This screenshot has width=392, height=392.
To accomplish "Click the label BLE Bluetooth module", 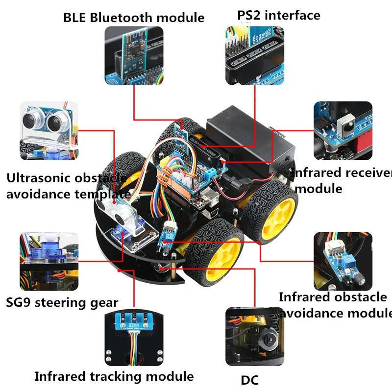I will (x=134, y=18).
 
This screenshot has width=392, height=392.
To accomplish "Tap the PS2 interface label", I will (x=279, y=15).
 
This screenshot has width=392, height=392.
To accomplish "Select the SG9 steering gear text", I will (x=62, y=302).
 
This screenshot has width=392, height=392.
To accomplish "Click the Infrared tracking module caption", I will (x=114, y=376).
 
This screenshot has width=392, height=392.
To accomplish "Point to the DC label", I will (x=249, y=380).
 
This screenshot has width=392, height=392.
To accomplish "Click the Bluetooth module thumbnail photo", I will (x=134, y=55).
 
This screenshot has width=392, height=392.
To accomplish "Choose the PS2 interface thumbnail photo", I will (x=255, y=55).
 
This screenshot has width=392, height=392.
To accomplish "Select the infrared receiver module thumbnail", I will (x=343, y=130).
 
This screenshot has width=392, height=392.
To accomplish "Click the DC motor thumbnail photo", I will (x=255, y=337).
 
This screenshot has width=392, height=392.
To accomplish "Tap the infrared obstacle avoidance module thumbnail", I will (x=343, y=261).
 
